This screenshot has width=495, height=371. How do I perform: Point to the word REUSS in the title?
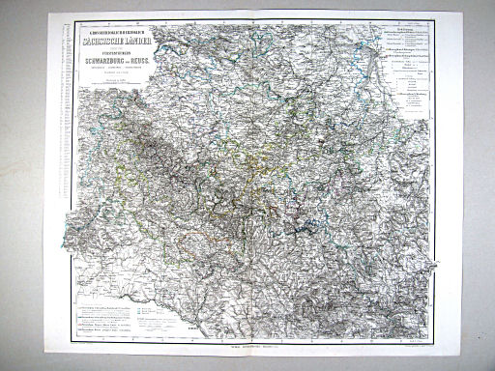pos(159,59)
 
